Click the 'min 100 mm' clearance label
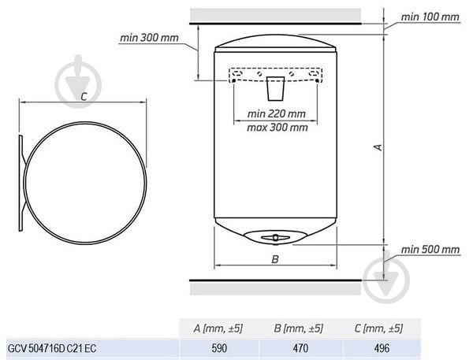click(430, 17)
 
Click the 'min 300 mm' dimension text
click(149, 38)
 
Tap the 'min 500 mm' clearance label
click(430, 250)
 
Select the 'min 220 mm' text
click(277, 113)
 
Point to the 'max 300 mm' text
click(277, 128)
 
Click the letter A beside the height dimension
click(378, 147)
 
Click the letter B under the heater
click(275, 259)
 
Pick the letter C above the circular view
click(84, 97)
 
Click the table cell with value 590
click(219, 348)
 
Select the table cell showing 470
click(300, 348)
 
